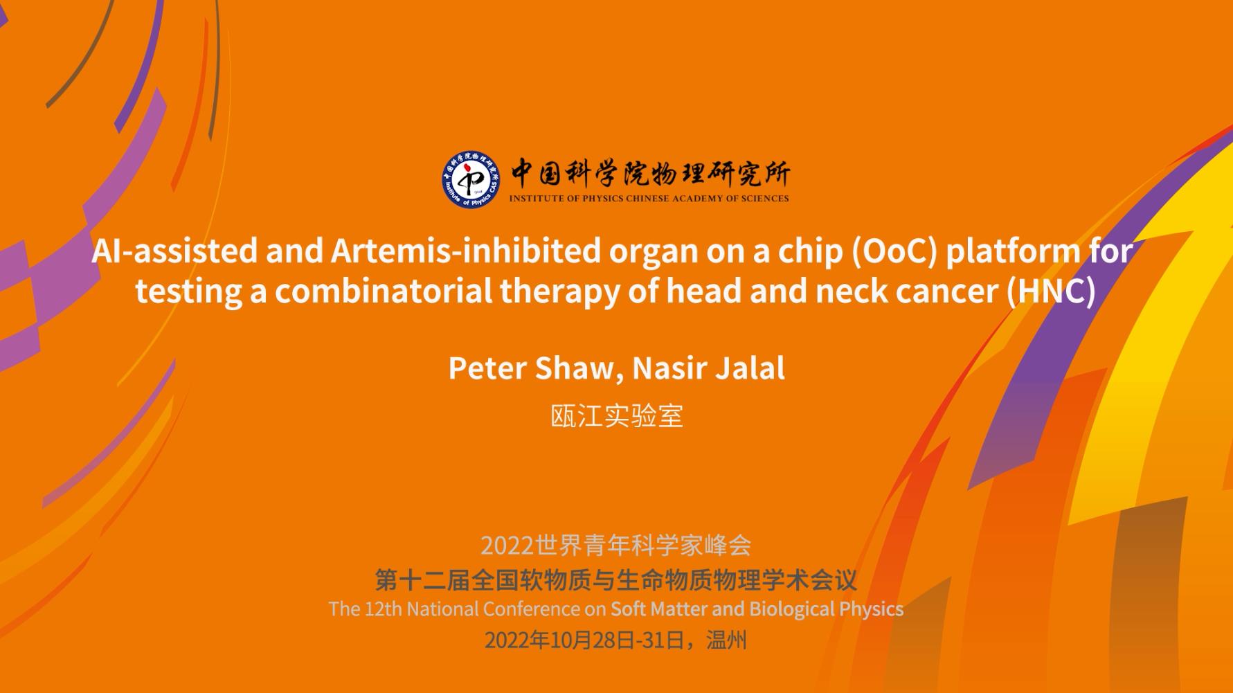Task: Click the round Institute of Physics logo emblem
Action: click(x=471, y=179)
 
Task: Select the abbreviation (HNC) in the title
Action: click(x=1051, y=291)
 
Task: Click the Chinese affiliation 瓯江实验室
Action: click(x=617, y=416)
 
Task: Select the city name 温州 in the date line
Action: click(x=726, y=640)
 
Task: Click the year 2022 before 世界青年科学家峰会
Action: click(x=507, y=546)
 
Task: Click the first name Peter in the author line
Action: click(x=487, y=368)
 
